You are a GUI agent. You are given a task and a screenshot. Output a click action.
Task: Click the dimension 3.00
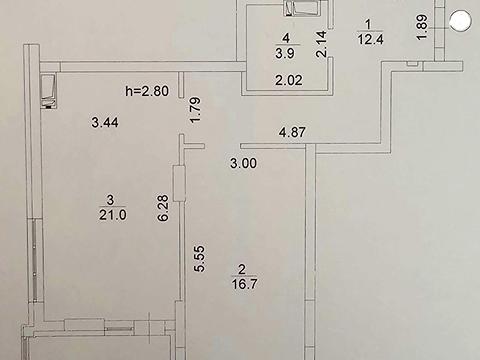[243, 163]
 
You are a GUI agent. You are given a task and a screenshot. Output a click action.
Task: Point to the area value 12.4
[370, 39]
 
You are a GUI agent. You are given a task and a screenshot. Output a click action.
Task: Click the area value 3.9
[285, 54]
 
